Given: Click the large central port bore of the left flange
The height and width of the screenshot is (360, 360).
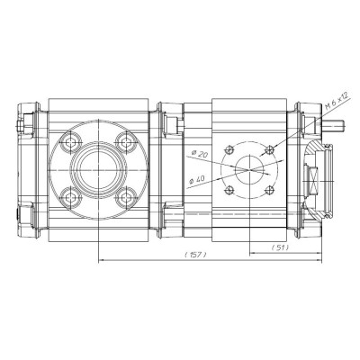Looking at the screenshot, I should point(91,168).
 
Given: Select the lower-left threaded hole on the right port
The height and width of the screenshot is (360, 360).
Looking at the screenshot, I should point(232,187).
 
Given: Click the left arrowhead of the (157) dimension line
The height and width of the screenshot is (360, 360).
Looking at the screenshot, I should point(98,262).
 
